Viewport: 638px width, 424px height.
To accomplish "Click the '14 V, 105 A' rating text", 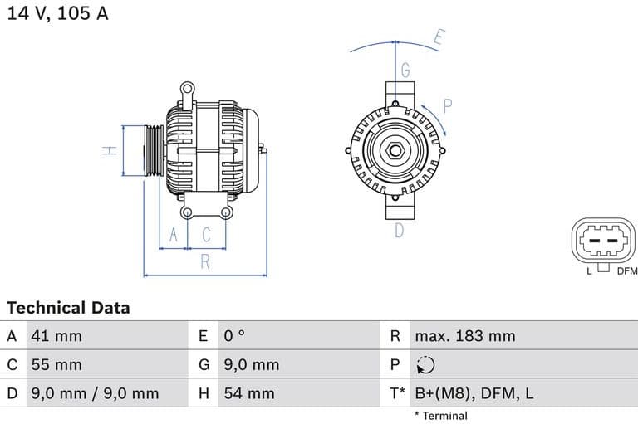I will [x=57, y=13].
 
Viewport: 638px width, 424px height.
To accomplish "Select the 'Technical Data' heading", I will [x=68, y=308].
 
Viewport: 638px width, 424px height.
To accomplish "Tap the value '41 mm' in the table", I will [x=56, y=336].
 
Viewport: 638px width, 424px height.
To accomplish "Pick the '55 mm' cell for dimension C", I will [x=56, y=364].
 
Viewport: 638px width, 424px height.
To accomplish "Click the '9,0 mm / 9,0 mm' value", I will [x=94, y=393].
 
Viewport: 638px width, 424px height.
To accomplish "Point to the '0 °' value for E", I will [x=234, y=336].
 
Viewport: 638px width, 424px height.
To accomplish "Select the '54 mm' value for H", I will [x=248, y=393].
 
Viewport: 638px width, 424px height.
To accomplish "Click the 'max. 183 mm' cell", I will [x=464, y=336].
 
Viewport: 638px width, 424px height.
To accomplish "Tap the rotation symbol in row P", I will [x=425, y=365].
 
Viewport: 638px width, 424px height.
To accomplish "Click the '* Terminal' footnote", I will [x=440, y=416].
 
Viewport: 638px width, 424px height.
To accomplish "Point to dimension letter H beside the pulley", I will [x=108, y=151].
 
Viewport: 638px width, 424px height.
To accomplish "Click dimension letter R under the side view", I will [x=205, y=263].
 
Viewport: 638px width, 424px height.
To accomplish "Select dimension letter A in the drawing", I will [x=174, y=236].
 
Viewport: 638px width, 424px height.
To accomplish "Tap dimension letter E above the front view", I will [x=439, y=37].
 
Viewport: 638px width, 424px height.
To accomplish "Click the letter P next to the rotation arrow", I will [x=447, y=105].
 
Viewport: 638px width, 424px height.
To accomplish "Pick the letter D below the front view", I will [x=399, y=231].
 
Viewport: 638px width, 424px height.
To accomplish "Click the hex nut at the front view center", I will [x=396, y=152].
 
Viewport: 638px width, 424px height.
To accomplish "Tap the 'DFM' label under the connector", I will [x=626, y=270].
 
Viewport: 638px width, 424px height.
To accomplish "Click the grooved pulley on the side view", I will [x=154, y=151].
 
